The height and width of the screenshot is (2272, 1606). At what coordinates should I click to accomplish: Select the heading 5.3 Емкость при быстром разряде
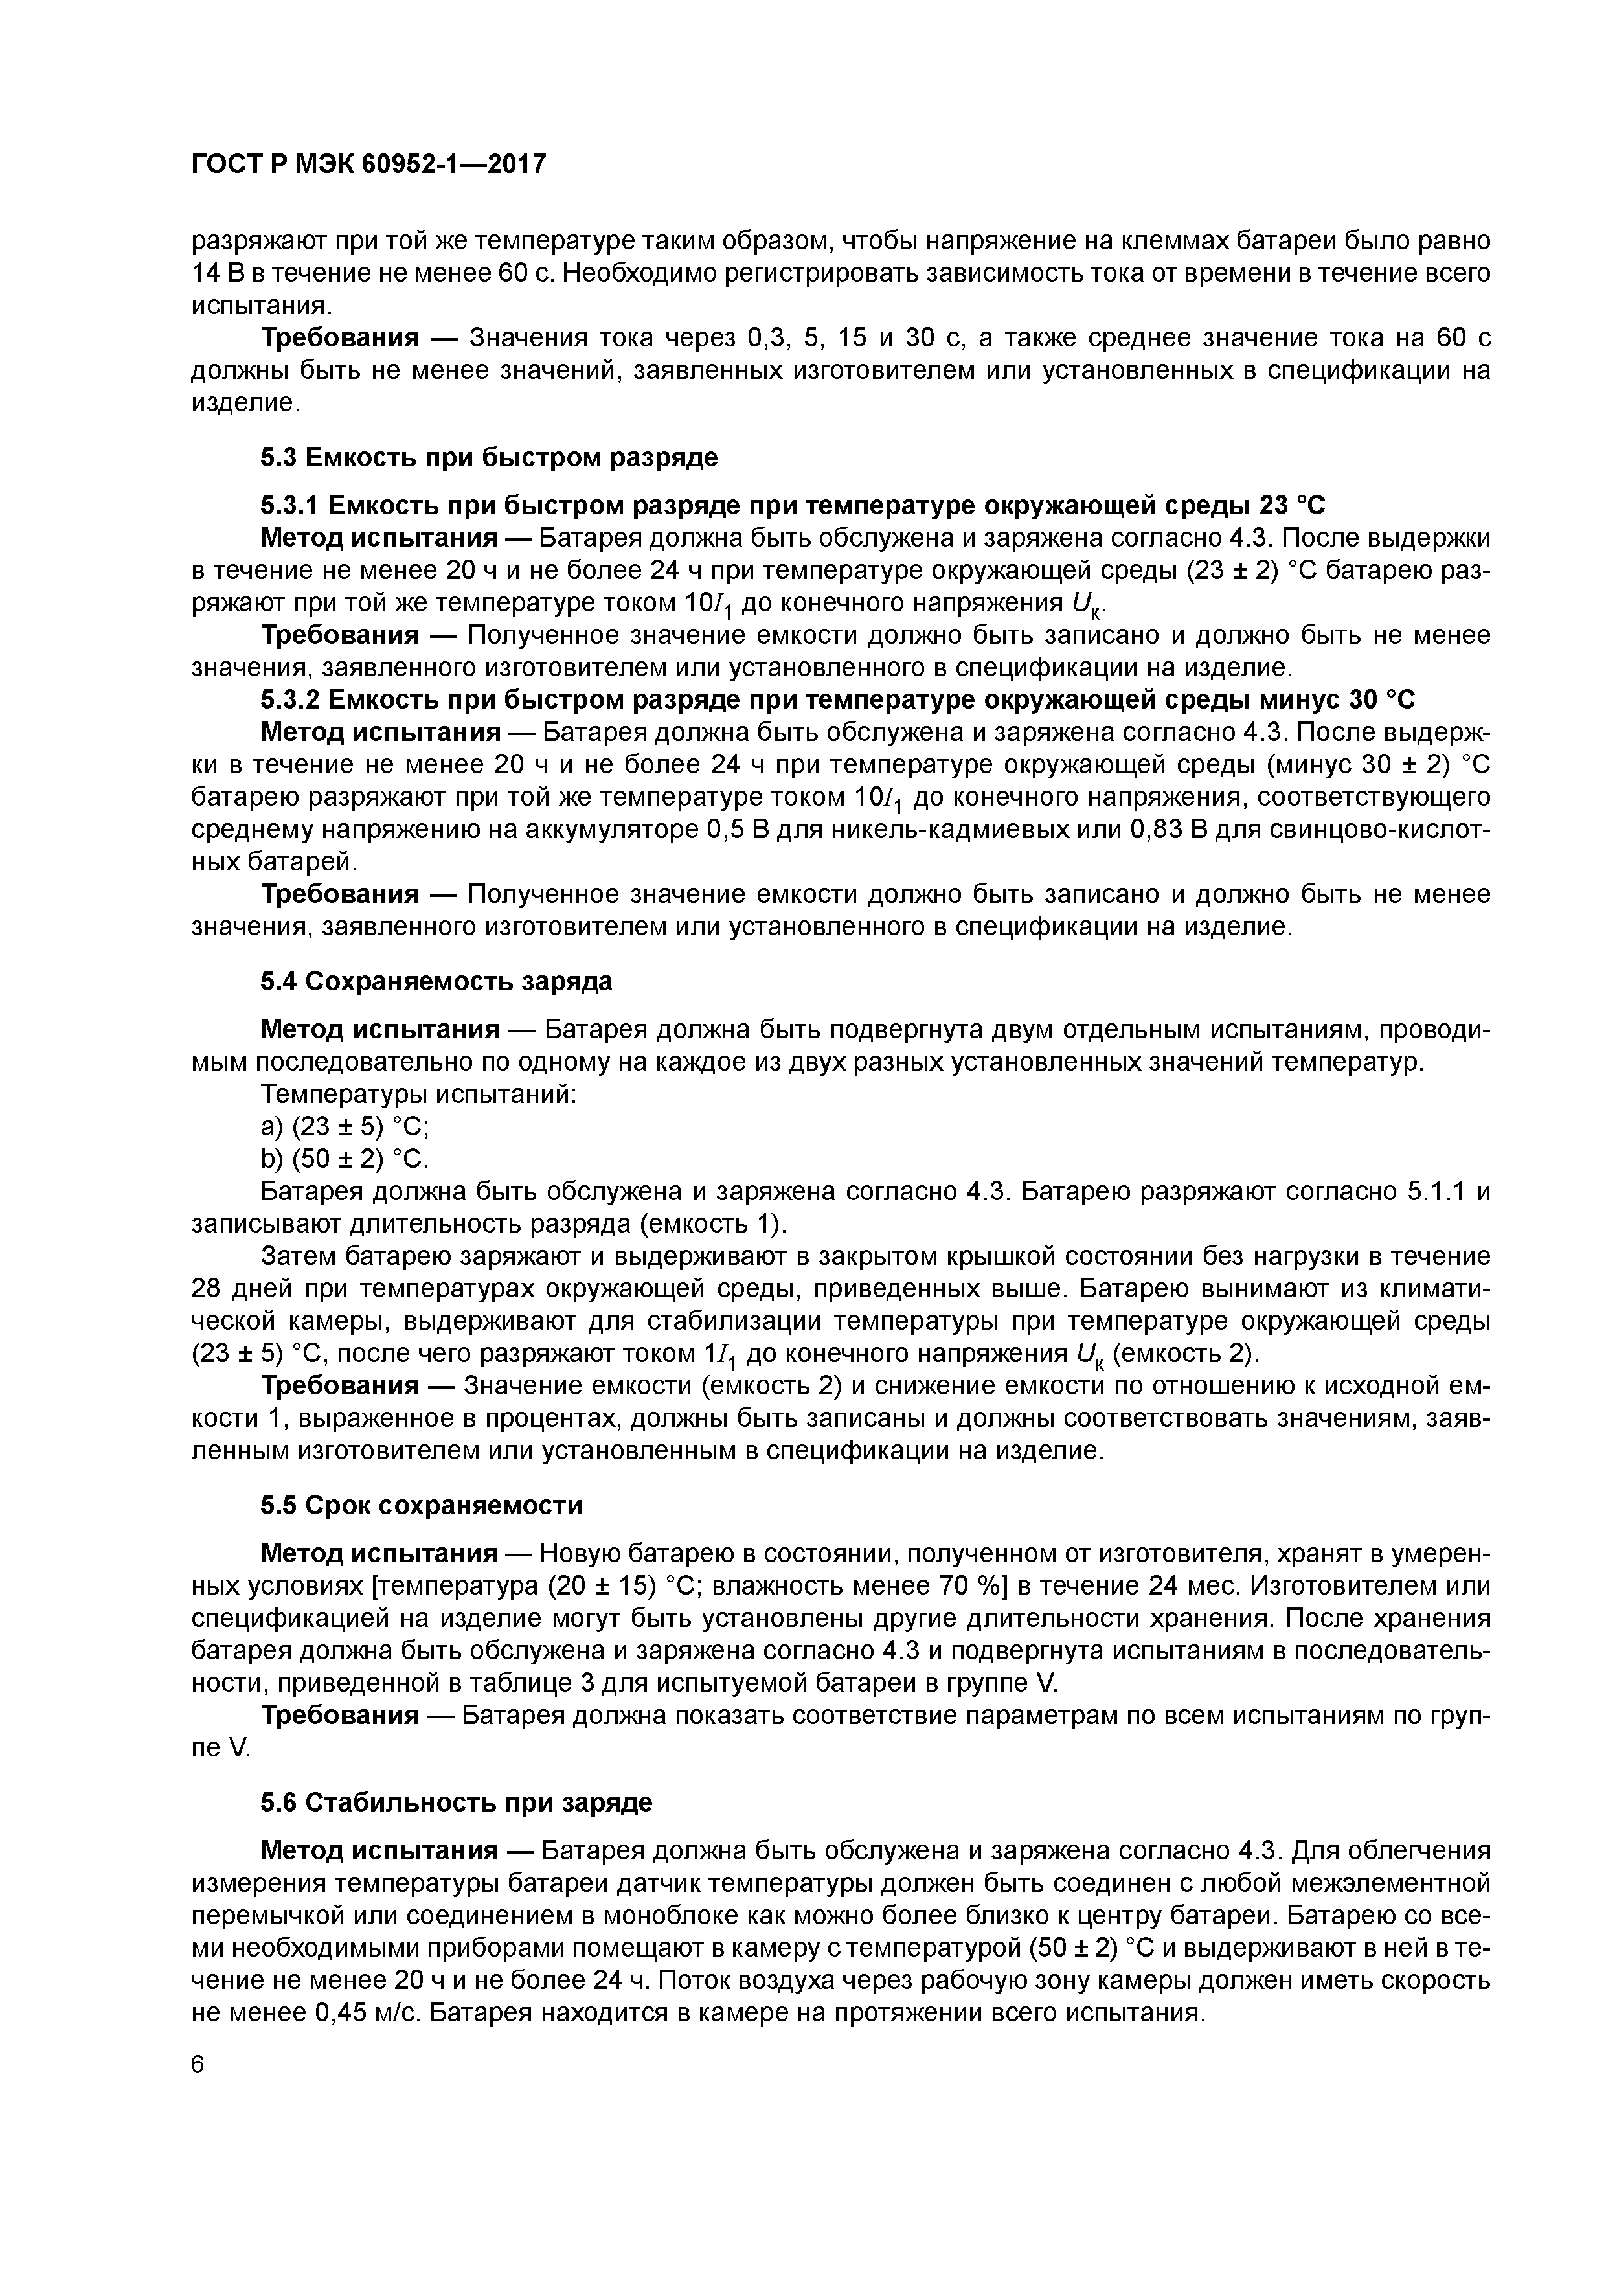(489, 457)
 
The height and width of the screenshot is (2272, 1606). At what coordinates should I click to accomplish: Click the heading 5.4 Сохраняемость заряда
(436, 981)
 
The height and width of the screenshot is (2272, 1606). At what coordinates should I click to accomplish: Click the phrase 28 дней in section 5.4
(240, 1289)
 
